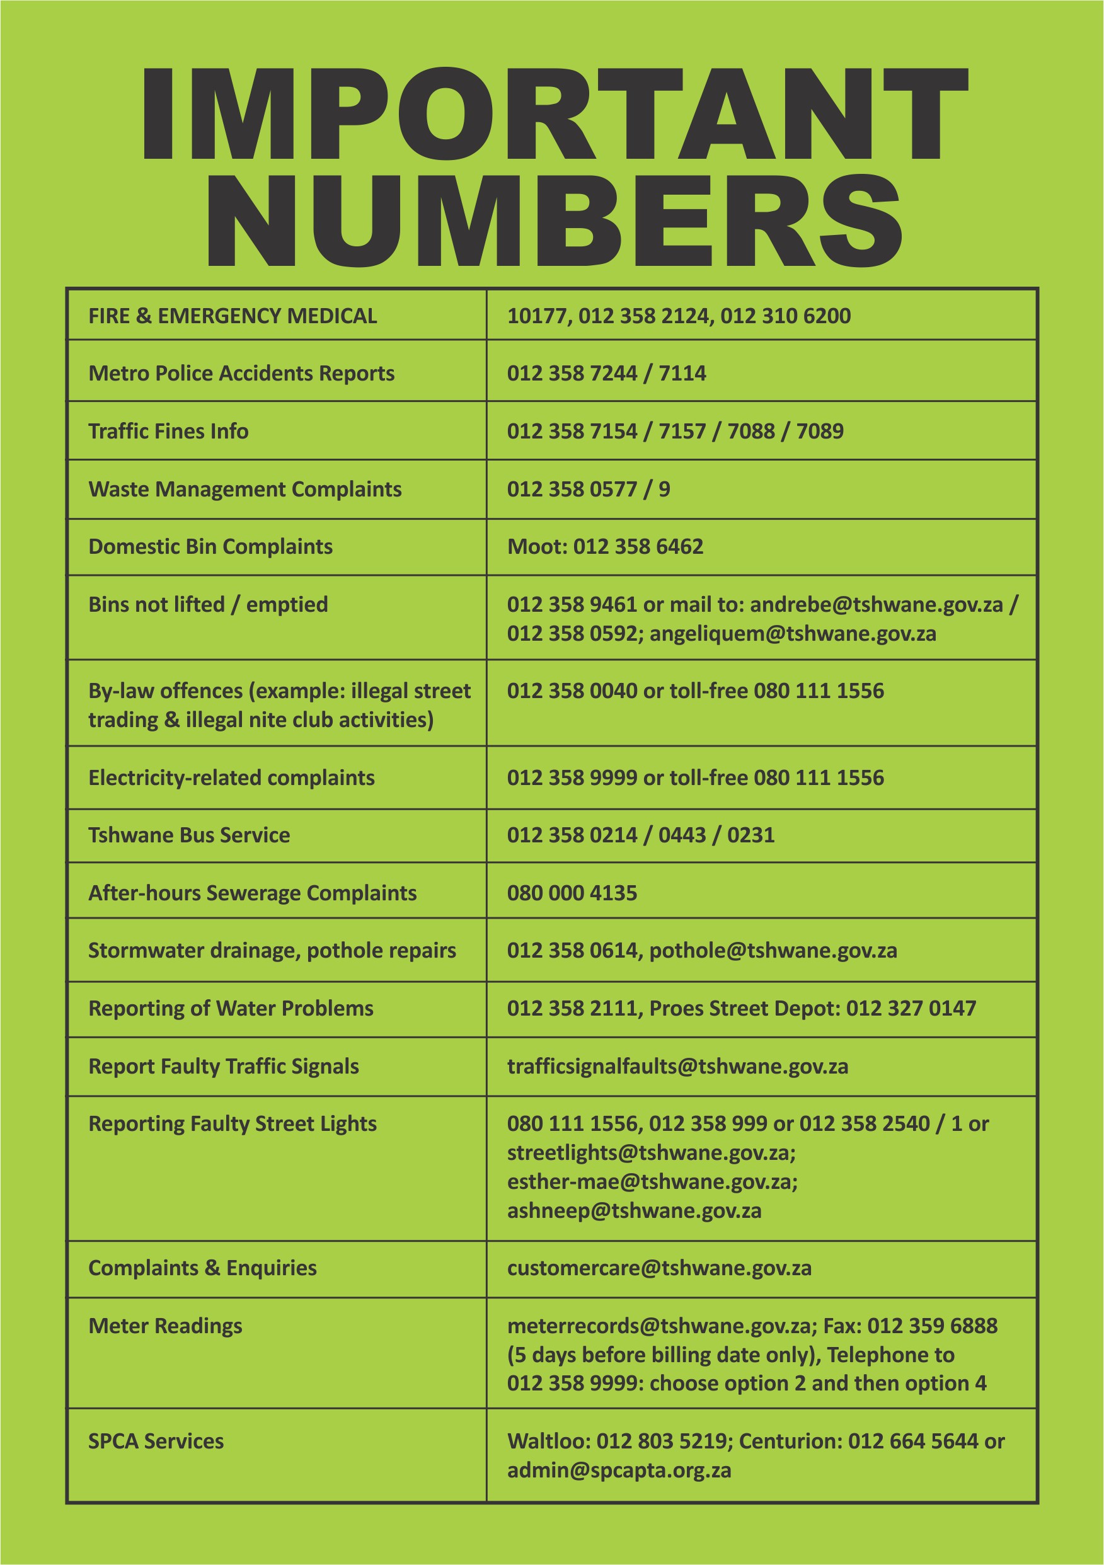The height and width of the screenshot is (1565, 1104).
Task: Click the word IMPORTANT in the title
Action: tap(554, 115)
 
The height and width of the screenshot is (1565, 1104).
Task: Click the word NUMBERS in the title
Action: tap(554, 221)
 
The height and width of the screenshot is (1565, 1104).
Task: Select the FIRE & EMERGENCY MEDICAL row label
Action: tap(233, 316)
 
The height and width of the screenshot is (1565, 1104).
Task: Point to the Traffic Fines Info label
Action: tap(168, 432)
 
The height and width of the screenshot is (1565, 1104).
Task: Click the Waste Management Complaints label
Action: tap(244, 490)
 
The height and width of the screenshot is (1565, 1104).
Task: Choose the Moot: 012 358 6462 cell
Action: tap(605, 547)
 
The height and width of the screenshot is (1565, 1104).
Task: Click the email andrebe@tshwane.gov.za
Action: tap(877, 605)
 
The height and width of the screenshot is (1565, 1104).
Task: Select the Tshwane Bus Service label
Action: tap(189, 835)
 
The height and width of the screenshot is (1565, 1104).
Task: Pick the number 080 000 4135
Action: tap(572, 893)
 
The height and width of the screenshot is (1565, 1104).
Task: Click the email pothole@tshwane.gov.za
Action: tap(773, 951)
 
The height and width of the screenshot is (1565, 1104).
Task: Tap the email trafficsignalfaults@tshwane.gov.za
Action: tap(678, 1067)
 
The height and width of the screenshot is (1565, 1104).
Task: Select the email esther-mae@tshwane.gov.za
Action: tap(652, 1182)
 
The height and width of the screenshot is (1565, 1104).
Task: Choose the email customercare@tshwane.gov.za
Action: tap(659, 1268)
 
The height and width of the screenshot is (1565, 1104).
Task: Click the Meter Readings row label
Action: tap(165, 1326)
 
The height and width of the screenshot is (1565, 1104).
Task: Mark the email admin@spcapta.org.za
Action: tap(619, 1471)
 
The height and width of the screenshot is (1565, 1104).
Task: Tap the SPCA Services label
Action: tap(156, 1442)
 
